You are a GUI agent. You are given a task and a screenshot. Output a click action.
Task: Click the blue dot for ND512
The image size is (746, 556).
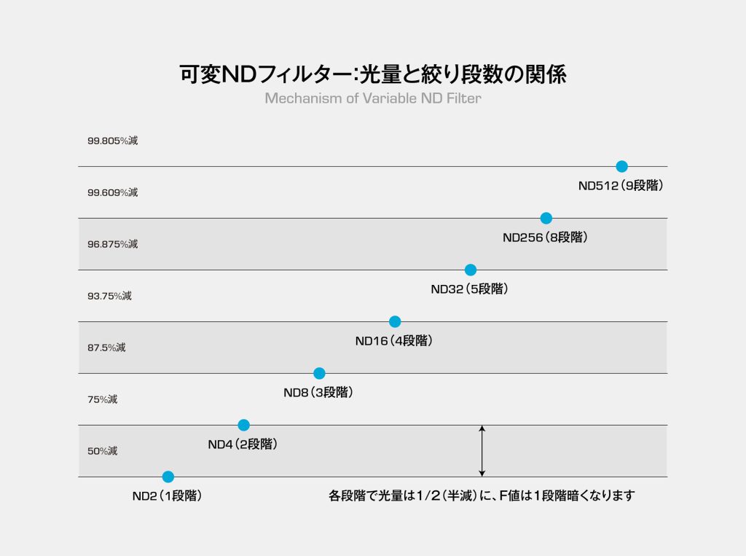tap(621, 166)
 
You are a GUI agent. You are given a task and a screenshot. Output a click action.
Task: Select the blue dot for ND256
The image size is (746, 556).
tap(546, 218)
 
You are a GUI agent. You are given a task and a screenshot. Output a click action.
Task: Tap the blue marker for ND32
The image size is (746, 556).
tap(471, 270)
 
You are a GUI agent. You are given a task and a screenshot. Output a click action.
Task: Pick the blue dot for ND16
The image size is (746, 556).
tap(395, 321)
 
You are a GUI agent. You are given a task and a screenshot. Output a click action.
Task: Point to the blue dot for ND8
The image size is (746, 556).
tap(319, 373)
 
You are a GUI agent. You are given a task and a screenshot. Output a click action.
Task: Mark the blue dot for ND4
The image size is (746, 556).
tap(243, 425)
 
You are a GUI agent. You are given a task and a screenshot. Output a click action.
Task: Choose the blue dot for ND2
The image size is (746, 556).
tap(168, 477)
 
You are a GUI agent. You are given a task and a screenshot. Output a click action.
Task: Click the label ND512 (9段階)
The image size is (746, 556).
tap(621, 186)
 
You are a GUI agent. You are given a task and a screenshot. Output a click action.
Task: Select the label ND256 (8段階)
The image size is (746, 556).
tap(545, 238)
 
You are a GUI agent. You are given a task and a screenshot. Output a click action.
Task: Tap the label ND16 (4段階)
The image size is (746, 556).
tap(394, 341)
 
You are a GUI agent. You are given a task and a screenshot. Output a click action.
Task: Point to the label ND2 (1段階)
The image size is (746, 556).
tap(167, 496)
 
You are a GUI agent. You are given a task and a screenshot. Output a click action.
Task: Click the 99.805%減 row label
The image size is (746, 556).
tap(112, 141)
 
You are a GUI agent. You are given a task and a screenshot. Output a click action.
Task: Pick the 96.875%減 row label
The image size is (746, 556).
tap(112, 244)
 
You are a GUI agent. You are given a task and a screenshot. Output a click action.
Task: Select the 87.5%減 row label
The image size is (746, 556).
tap(106, 348)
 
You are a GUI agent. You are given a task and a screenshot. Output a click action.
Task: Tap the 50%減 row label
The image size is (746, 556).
tap(102, 451)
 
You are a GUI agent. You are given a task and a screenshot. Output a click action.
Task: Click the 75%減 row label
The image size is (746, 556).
tap(102, 399)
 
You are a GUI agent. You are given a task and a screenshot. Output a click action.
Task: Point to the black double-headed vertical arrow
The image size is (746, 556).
tap(482, 450)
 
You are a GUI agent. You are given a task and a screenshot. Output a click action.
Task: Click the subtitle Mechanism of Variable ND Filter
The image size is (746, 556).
tap(372, 98)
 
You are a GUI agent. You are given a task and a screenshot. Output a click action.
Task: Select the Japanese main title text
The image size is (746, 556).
tap(372, 74)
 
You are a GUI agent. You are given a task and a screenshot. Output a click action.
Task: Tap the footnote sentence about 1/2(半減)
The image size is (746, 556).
tap(482, 496)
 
